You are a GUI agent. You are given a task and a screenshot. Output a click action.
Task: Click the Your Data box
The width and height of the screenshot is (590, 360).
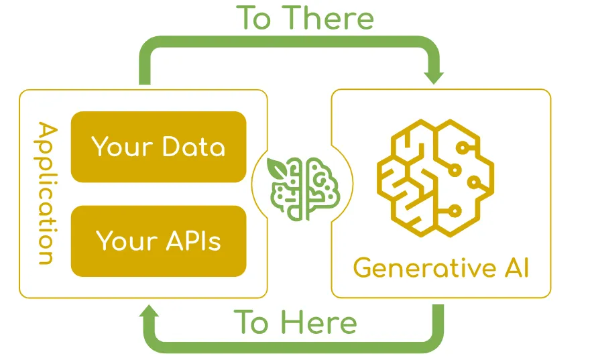tap(158, 147)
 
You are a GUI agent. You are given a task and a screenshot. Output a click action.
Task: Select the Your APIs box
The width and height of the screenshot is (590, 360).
tap(158, 241)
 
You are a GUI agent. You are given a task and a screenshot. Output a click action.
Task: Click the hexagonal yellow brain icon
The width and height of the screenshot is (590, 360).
tap(435, 176)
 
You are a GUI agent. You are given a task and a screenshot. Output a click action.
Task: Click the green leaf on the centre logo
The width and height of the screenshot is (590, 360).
tap(276, 167)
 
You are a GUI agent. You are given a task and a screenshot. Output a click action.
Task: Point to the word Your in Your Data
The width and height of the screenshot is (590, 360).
tap(121, 147)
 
